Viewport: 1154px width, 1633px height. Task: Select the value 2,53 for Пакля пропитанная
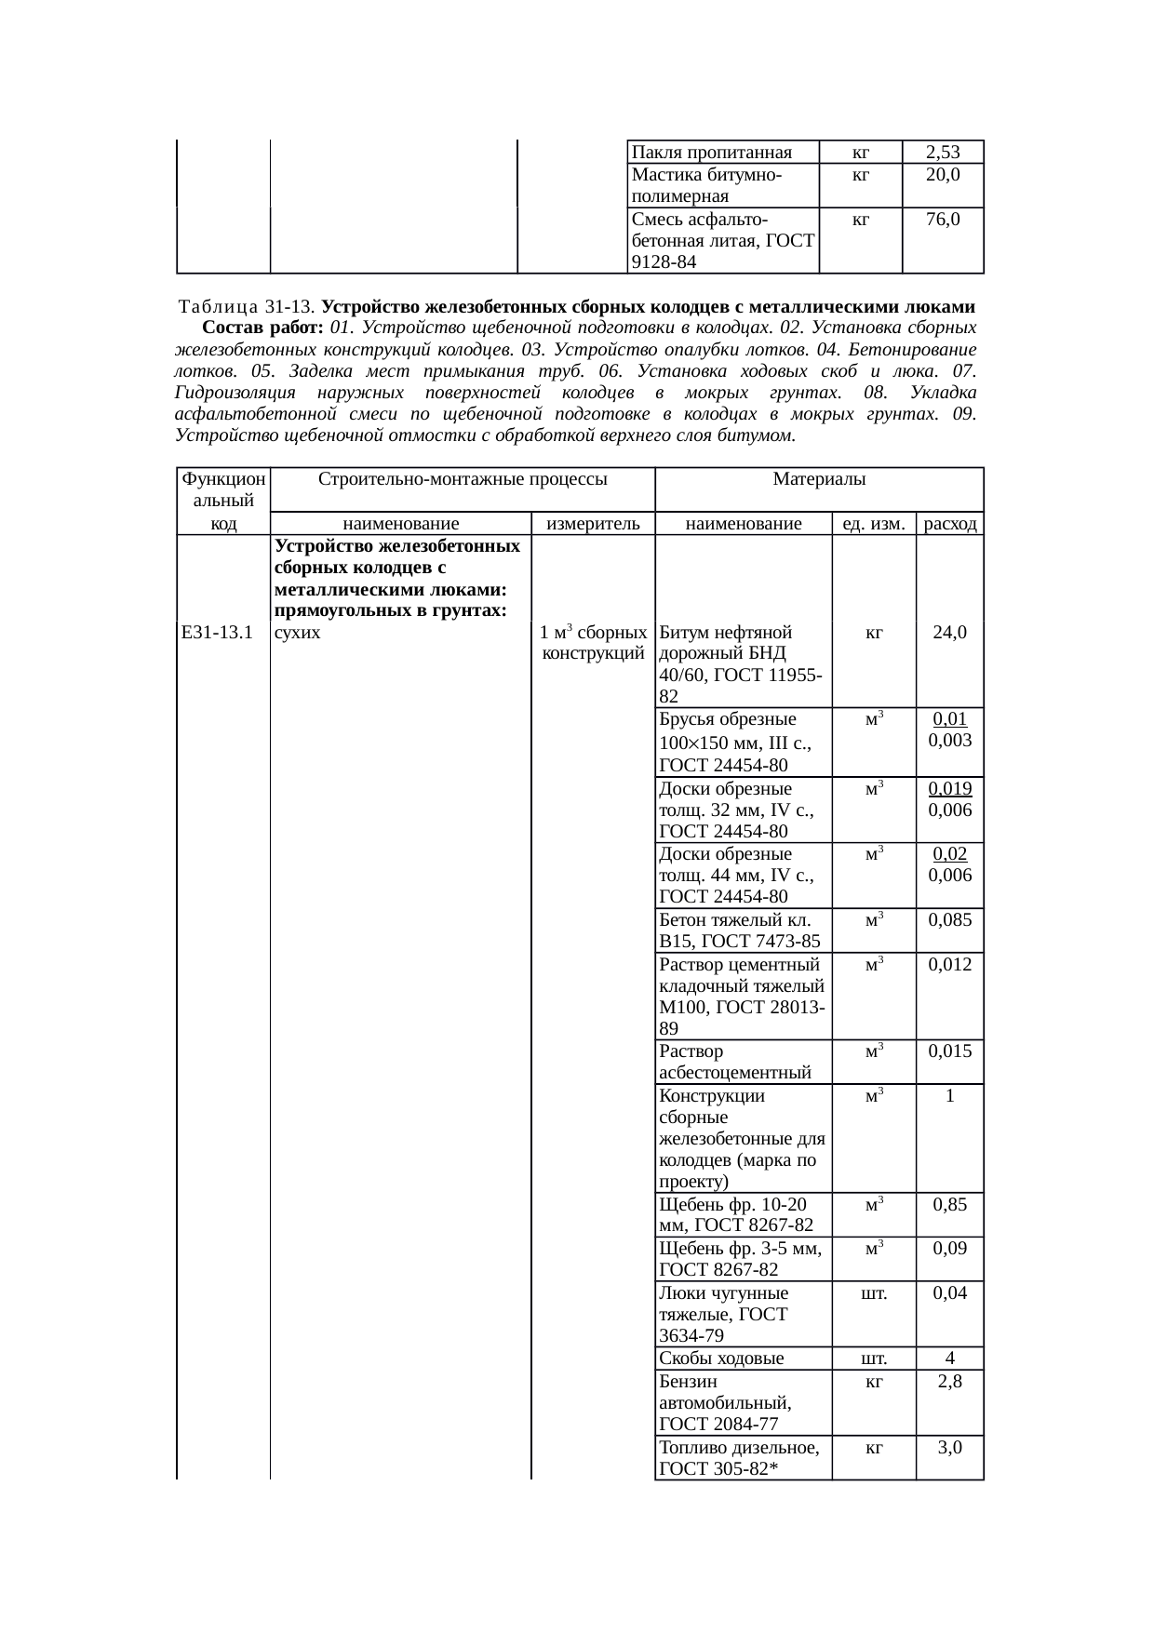pyautogui.click(x=943, y=152)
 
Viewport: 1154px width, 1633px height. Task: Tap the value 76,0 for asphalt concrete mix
pyautogui.click(x=943, y=220)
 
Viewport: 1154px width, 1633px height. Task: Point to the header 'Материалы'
pyautogui.click(x=819, y=479)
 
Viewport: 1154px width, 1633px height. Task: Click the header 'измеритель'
pyautogui.click(x=593, y=524)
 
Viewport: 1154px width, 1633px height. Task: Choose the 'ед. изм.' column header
pyautogui.click(x=873, y=524)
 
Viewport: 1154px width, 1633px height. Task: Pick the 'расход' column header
pyautogui.click(x=950, y=524)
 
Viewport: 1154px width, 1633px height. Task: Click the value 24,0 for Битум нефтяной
pyautogui.click(x=949, y=633)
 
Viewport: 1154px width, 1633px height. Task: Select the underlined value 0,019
pyautogui.click(x=950, y=788)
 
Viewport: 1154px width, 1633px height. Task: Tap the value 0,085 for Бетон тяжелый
pyautogui.click(x=950, y=920)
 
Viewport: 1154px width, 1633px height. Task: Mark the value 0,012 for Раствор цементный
pyautogui.click(x=950, y=964)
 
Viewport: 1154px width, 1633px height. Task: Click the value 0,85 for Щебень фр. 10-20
pyautogui.click(x=950, y=1204)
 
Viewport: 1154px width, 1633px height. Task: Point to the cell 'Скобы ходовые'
pyautogui.click(x=721, y=1358)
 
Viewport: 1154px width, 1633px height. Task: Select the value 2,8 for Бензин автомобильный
pyautogui.click(x=950, y=1381)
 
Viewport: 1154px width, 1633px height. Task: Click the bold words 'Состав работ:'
pyautogui.click(x=262, y=328)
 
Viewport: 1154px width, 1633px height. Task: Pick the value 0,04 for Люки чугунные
pyautogui.click(x=950, y=1292)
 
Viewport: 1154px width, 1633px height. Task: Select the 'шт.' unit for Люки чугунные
pyautogui.click(x=873, y=1292)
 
